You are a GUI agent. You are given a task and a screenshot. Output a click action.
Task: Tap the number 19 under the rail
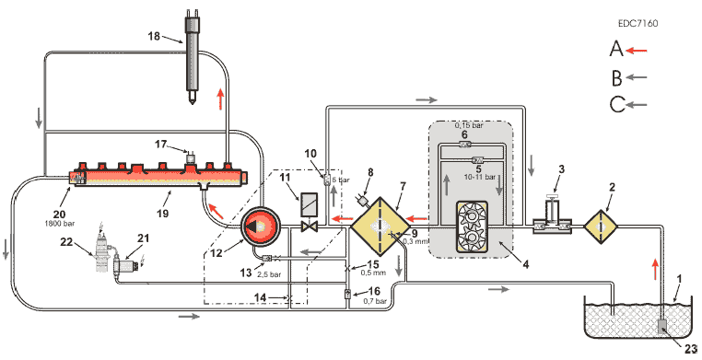[x=163, y=214]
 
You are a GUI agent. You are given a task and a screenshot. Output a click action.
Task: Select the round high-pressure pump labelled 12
[x=261, y=226]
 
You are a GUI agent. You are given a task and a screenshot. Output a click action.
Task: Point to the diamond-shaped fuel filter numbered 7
[x=379, y=226]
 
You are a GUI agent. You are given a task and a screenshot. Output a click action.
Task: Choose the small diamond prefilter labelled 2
[x=601, y=227]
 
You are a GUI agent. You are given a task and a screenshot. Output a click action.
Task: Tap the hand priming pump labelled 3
[x=553, y=218]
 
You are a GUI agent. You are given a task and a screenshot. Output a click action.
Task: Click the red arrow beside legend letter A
[x=637, y=51]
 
